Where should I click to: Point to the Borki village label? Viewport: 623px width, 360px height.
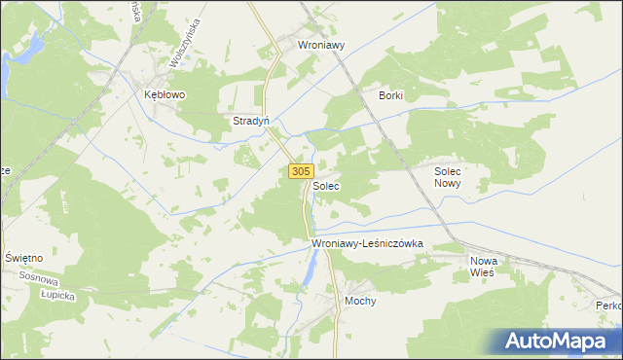390,95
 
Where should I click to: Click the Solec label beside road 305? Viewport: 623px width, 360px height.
326,185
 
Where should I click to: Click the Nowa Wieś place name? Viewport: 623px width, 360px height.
483,267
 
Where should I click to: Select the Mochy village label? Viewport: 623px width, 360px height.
360,302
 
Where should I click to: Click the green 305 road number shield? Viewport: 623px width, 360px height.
300,171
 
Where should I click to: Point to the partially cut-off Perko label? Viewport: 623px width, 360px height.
609,306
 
